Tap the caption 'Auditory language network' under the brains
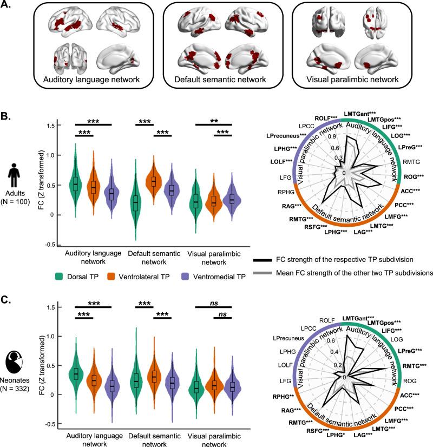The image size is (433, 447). [86, 81]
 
